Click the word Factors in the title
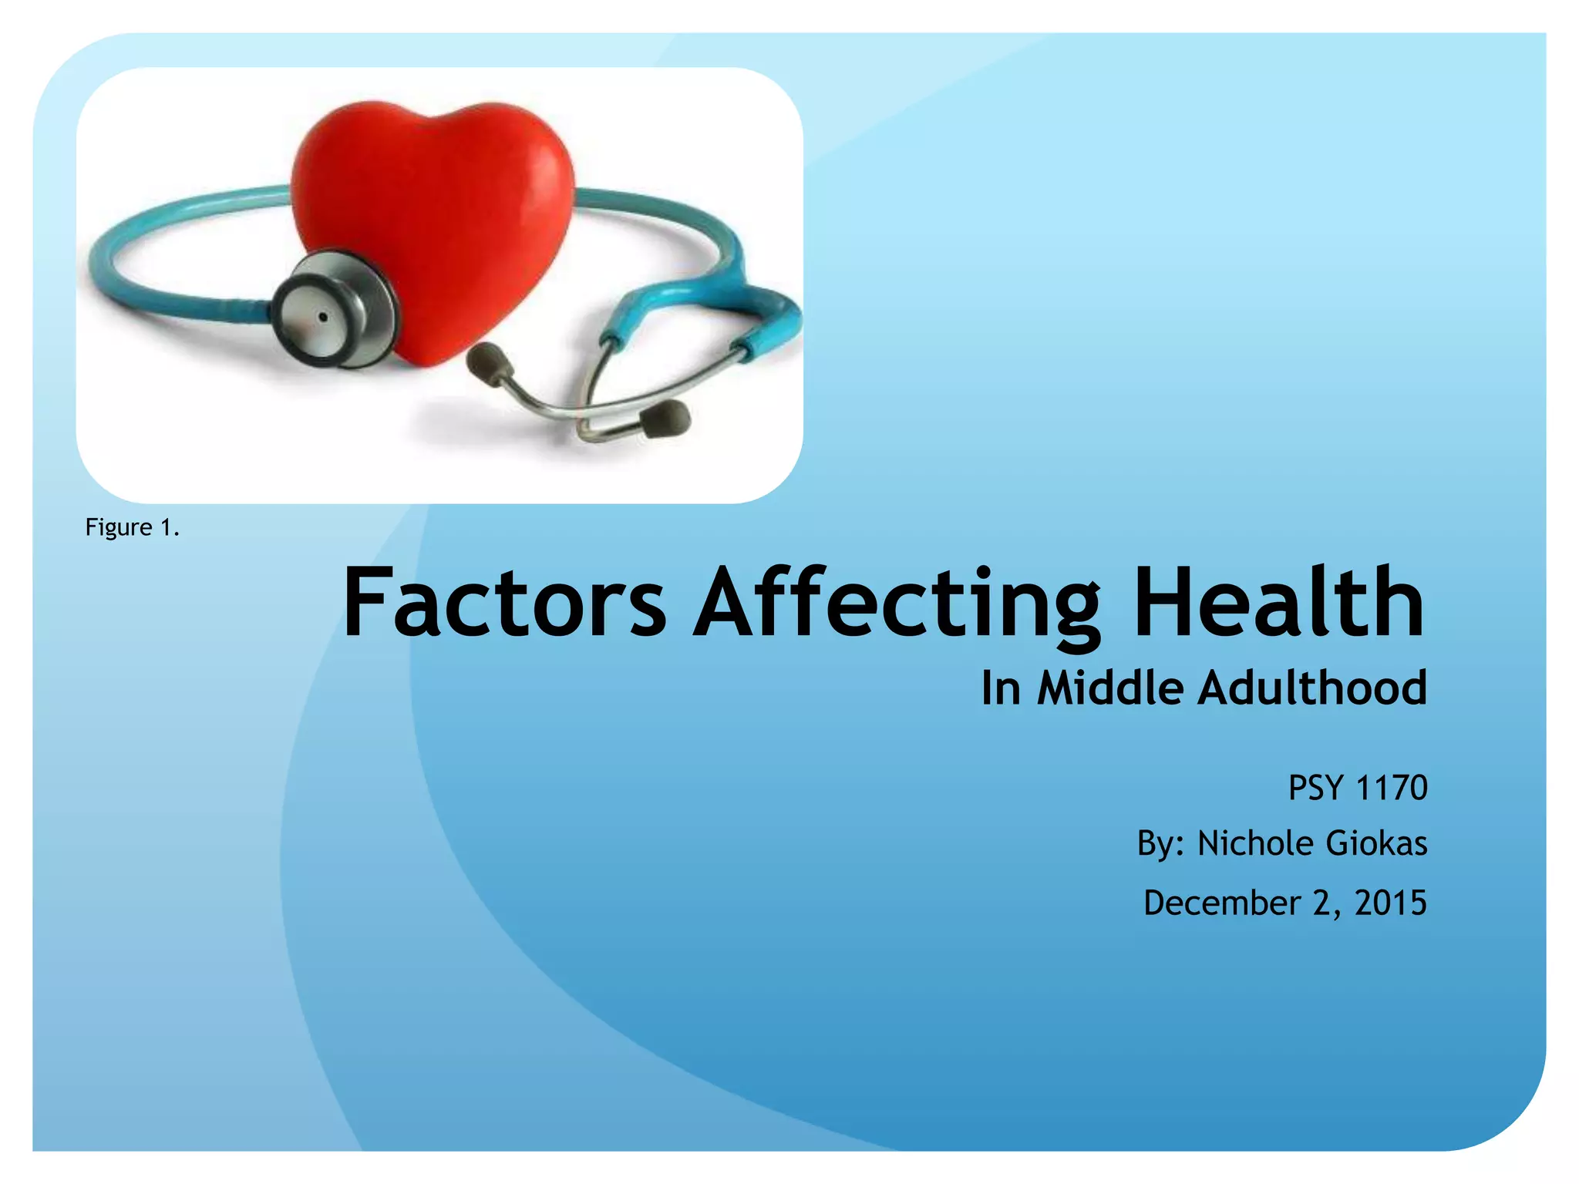click(x=503, y=602)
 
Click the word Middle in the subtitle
click(x=1109, y=688)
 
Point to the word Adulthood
click(x=1311, y=688)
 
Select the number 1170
click(x=1391, y=788)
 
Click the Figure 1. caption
click(x=132, y=527)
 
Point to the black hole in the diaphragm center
click(x=323, y=317)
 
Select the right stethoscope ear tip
click(x=666, y=419)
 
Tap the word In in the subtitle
click(x=1001, y=688)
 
